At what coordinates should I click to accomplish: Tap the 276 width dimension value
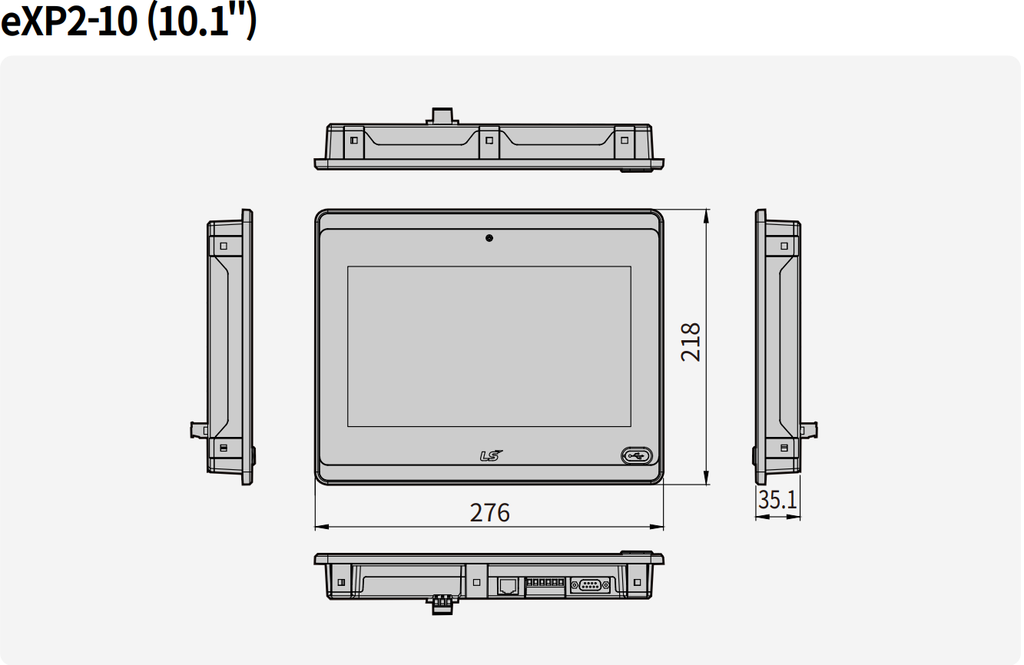tap(489, 512)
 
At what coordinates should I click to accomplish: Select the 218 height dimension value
tap(691, 342)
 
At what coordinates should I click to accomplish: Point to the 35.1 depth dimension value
tap(777, 500)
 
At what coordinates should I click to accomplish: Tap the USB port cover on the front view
tap(636, 455)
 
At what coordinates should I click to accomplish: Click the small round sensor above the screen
tap(489, 238)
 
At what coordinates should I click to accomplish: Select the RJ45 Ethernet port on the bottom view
tap(507, 586)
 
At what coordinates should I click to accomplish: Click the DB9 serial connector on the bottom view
tap(590, 586)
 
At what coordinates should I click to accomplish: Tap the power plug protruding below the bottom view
tap(441, 605)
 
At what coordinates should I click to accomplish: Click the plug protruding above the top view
tap(442, 116)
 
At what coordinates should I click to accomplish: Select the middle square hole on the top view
tap(489, 141)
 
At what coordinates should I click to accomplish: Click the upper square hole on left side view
tap(224, 246)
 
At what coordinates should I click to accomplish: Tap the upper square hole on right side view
tap(784, 246)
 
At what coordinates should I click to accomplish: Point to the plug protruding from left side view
tap(199, 429)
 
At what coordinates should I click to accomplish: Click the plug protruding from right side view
tap(809, 429)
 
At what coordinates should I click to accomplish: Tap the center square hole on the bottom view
tap(476, 583)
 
